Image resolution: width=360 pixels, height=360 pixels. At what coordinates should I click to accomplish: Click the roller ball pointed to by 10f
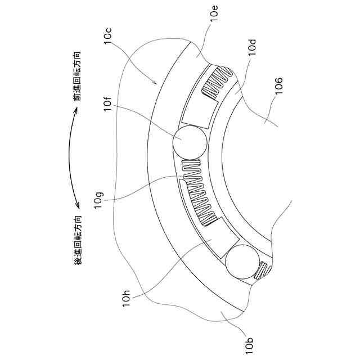click(190, 141)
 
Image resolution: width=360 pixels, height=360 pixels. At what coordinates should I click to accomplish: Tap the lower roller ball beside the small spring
click(241, 263)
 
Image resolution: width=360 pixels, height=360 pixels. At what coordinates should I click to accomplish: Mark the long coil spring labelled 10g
click(197, 191)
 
